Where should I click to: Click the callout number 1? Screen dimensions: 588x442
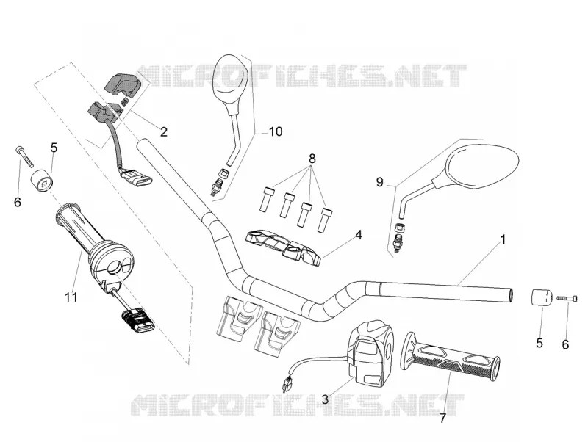click(x=503, y=239)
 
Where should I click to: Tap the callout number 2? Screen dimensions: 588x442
click(x=163, y=132)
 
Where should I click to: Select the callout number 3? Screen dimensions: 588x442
click(x=325, y=399)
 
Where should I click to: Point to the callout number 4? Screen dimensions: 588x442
click(x=359, y=235)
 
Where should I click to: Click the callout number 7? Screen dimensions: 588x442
click(x=443, y=419)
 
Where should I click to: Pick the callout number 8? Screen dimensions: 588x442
click(x=312, y=159)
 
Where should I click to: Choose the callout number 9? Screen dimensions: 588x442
click(x=380, y=182)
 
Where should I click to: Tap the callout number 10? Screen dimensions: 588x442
click(x=276, y=131)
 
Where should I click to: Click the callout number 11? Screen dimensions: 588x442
click(x=71, y=297)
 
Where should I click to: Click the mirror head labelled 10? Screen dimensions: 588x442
click(x=226, y=84)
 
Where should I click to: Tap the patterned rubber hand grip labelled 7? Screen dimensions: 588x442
click(x=451, y=357)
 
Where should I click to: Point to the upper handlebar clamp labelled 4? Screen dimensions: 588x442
click(x=283, y=248)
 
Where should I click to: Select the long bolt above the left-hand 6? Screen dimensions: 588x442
click(x=24, y=157)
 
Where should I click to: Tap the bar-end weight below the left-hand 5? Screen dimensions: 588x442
click(x=42, y=180)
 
